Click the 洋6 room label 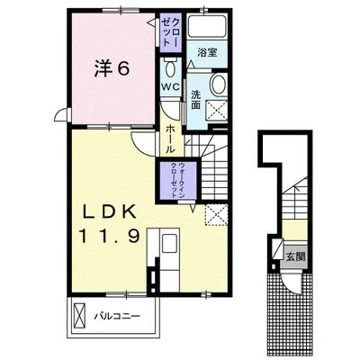pos(108,67)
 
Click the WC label pos(169,85)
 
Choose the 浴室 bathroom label pos(208,52)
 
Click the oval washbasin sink pos(218,85)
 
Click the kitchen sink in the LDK pos(169,245)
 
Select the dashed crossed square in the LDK pos(214,214)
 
